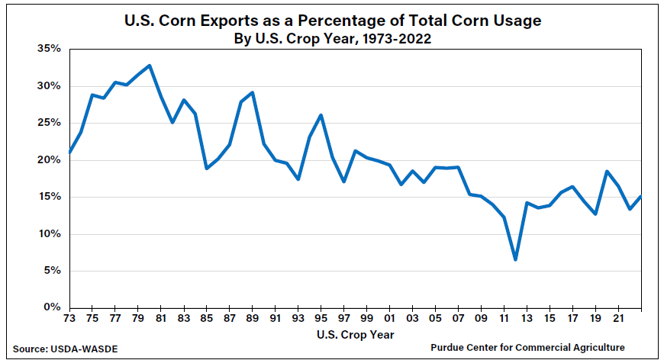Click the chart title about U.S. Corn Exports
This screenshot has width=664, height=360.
(x=332, y=21)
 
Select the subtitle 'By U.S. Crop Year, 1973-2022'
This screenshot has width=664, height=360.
(x=332, y=39)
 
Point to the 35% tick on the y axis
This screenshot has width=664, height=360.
(x=49, y=49)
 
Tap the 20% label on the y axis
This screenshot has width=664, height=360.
(x=49, y=160)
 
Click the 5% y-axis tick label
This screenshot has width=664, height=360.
(x=52, y=271)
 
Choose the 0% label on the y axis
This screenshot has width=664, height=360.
(x=52, y=307)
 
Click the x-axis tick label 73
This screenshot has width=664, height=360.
(x=69, y=318)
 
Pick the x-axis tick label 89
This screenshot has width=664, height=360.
(x=253, y=318)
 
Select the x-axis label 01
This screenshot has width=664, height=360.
(x=390, y=318)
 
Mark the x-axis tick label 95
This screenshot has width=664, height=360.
(x=321, y=318)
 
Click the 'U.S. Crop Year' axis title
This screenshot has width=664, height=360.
(x=355, y=333)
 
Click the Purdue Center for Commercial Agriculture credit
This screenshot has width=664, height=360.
(x=527, y=348)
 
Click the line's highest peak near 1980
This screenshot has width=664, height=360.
(x=150, y=66)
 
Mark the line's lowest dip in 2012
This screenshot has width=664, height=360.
(x=516, y=259)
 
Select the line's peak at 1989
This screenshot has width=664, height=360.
(x=253, y=93)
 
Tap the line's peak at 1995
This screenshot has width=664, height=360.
(x=321, y=115)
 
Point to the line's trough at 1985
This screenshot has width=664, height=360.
(x=207, y=168)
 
